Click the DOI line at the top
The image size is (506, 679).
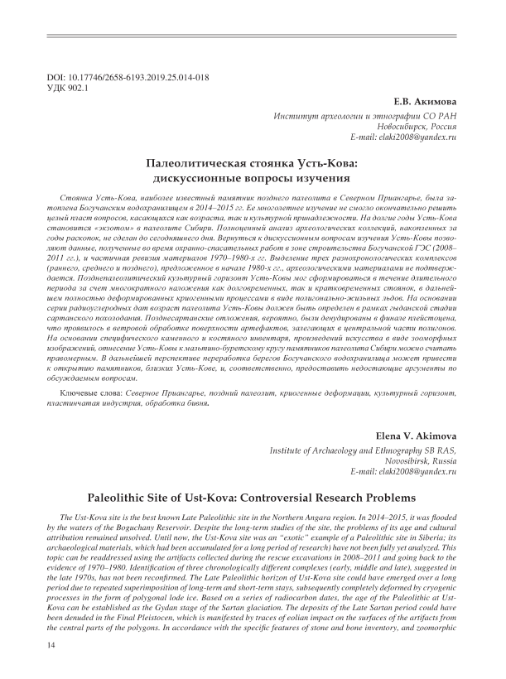click(128, 77)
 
